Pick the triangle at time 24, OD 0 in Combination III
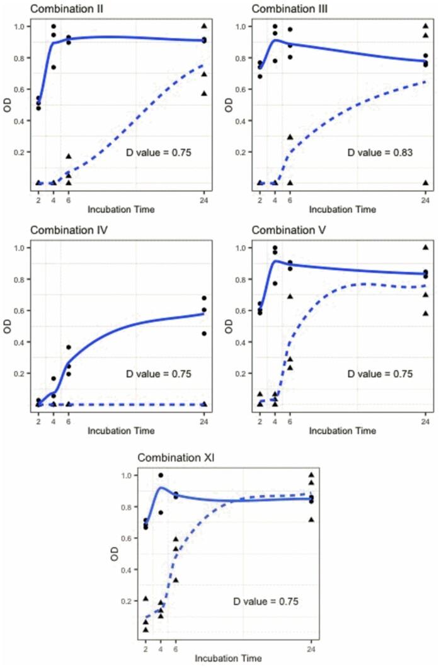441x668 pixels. pos(425,183)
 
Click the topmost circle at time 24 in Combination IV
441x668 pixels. pos(204,298)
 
